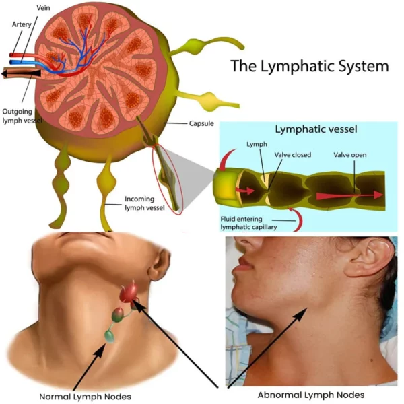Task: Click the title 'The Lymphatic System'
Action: click(310, 67)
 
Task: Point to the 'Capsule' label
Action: click(201, 124)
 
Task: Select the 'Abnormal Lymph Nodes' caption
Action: click(311, 395)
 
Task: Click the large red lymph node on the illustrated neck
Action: click(130, 292)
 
